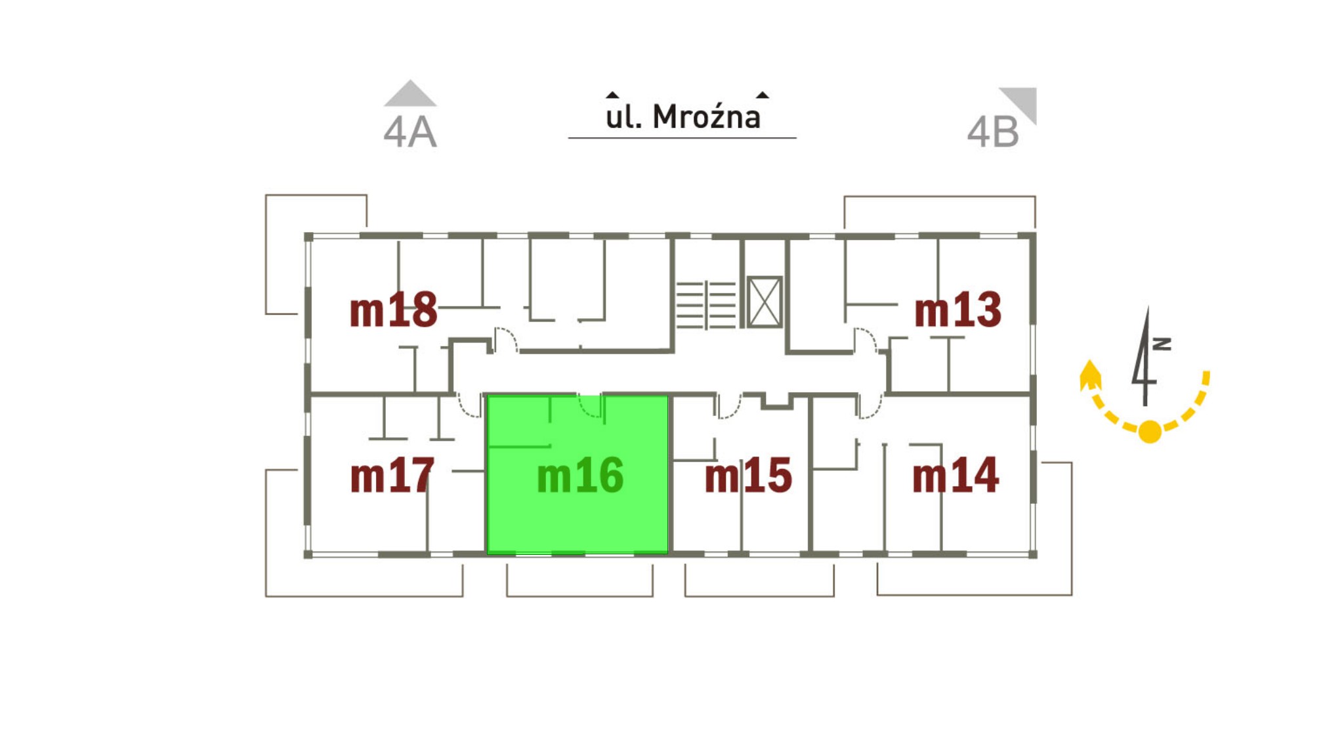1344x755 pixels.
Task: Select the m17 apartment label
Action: pyautogui.click(x=392, y=476)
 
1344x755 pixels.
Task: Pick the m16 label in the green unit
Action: pyautogui.click(x=579, y=476)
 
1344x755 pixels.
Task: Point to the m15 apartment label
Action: pyautogui.click(x=748, y=476)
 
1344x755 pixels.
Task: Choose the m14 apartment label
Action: pyautogui.click(x=955, y=476)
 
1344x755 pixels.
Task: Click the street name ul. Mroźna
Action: pyautogui.click(x=682, y=117)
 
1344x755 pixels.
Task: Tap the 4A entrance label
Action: pyautogui.click(x=409, y=133)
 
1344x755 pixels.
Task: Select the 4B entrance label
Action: pyautogui.click(x=993, y=133)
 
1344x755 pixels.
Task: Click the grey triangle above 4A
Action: pyautogui.click(x=410, y=95)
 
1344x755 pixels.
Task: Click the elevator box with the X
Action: pyautogui.click(x=765, y=302)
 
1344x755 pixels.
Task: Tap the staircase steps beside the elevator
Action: pyautogui.click(x=705, y=304)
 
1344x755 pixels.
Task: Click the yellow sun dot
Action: pyautogui.click(x=1150, y=432)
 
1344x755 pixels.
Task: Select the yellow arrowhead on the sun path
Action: pyautogui.click(x=1090, y=375)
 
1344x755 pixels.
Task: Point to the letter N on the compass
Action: pyautogui.click(x=1162, y=344)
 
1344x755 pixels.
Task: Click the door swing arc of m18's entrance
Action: pyautogui.click(x=505, y=339)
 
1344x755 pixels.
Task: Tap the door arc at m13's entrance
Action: pyautogui.click(x=865, y=340)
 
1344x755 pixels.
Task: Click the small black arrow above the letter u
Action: pyautogui.click(x=612, y=95)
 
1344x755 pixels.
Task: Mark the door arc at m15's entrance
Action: pyautogui.click(x=729, y=407)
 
